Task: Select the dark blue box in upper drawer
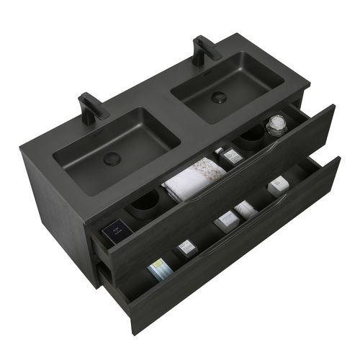(x=113, y=232)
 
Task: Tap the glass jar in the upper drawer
(x=274, y=126)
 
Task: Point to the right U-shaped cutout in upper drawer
(x=252, y=137)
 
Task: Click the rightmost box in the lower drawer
(x=279, y=186)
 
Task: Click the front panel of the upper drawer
(x=238, y=187)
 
